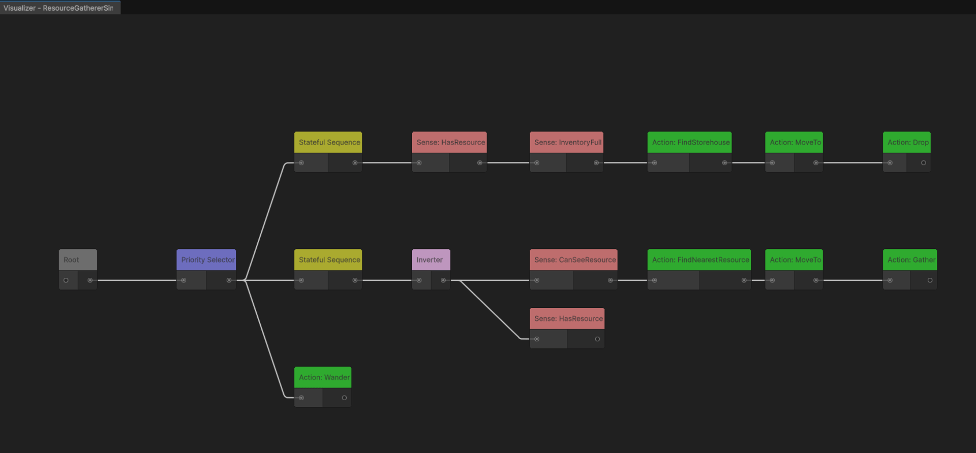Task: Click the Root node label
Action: click(x=72, y=260)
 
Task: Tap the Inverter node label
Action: click(x=430, y=260)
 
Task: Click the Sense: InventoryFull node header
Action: click(x=567, y=142)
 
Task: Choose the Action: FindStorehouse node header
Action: click(x=690, y=142)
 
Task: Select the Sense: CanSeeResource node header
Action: click(x=574, y=260)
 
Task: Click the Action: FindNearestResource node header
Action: click(x=699, y=260)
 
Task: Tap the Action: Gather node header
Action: click(x=910, y=260)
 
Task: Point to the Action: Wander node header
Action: click(x=323, y=377)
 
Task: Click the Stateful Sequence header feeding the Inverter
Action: click(x=328, y=260)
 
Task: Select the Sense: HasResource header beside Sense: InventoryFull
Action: click(x=450, y=142)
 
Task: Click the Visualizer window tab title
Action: click(x=58, y=8)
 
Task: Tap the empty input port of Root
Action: click(x=66, y=280)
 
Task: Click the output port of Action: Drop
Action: click(x=924, y=163)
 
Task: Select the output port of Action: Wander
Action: click(x=344, y=398)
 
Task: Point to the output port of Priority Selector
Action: click(x=229, y=280)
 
